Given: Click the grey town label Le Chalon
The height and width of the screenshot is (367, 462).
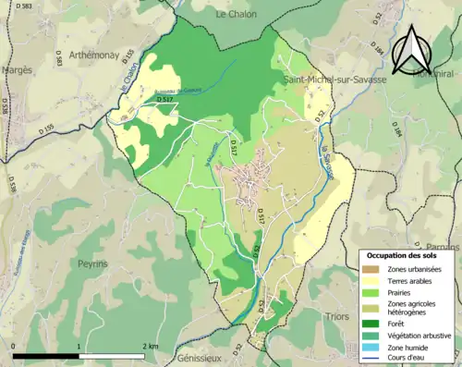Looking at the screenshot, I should [x=237, y=15].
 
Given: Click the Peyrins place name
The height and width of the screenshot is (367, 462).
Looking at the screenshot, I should [x=94, y=263].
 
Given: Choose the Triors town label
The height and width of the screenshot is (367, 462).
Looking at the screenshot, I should [x=338, y=316].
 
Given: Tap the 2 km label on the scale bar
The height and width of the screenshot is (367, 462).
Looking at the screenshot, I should [x=150, y=347].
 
